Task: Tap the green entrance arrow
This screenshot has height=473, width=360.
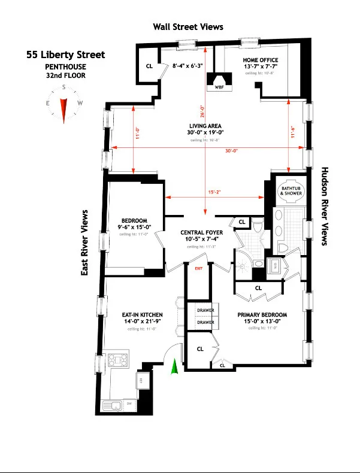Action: pos(175,366)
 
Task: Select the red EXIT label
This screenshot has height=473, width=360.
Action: pos(198,268)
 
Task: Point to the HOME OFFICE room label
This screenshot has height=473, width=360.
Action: pos(259,60)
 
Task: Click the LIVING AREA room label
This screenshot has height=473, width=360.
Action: pos(205,125)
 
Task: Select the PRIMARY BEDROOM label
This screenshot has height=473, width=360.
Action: pos(262,314)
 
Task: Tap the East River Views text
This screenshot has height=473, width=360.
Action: pos(85,242)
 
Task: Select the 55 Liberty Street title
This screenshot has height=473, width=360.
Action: pos(65,55)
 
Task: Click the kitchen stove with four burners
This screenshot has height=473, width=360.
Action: pos(119,360)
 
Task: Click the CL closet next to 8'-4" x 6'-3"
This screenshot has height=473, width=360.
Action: pos(149,66)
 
